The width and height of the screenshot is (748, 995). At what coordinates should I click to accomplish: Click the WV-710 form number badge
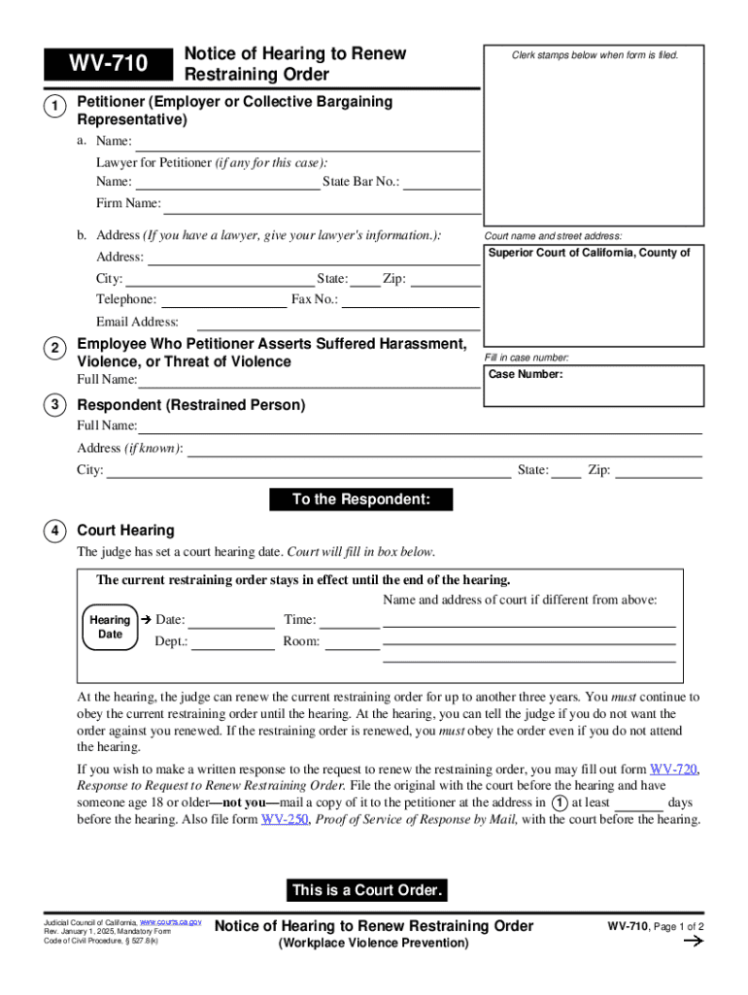(x=107, y=65)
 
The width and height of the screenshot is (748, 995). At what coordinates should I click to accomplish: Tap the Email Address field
(x=338, y=322)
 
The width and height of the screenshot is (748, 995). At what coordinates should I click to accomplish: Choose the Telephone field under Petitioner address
(x=223, y=299)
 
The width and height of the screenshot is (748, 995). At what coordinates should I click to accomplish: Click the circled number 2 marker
(x=57, y=349)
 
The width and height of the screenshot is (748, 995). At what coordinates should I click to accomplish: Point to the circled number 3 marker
(x=57, y=405)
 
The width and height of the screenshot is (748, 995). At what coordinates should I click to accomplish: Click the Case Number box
(x=594, y=385)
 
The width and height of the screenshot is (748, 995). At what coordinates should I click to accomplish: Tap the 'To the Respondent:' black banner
(x=360, y=500)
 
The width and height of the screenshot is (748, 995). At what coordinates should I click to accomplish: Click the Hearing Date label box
(x=110, y=627)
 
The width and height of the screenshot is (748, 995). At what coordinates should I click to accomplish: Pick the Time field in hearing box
(x=350, y=620)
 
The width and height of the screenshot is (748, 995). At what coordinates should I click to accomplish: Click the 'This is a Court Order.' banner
(x=367, y=890)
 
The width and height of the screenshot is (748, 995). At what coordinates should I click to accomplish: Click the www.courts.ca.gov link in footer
(x=171, y=920)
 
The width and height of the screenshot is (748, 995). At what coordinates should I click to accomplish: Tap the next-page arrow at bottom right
(x=694, y=942)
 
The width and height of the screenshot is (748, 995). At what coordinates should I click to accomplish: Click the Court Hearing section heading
(x=125, y=531)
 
